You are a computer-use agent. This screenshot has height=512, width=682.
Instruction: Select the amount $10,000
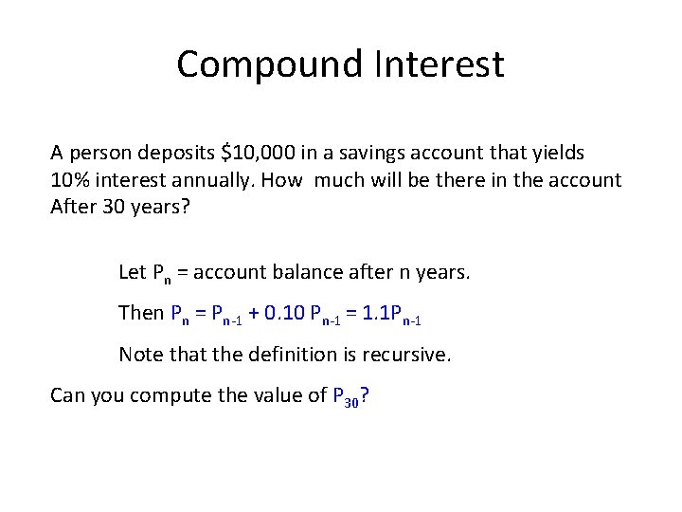point(257,152)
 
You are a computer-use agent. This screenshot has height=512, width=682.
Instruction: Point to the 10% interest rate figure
point(70,179)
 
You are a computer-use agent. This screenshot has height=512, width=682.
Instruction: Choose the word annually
point(211,179)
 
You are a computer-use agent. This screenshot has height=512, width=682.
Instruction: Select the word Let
point(133,272)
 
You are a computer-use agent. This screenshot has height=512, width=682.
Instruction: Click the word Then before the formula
point(140,313)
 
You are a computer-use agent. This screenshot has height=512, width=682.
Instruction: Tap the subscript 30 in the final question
point(351,401)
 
